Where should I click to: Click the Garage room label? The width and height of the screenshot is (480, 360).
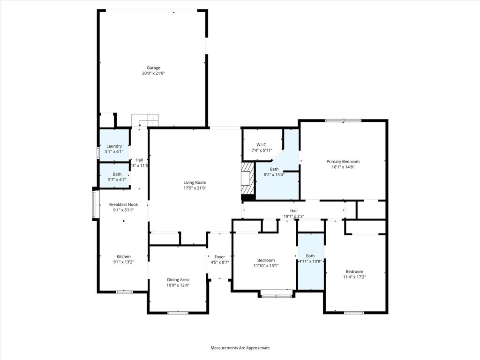(153, 68)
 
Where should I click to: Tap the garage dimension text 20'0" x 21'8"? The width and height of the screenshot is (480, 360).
(153, 73)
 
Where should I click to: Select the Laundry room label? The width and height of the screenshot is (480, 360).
(114, 146)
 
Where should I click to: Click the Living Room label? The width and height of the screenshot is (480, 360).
(195, 183)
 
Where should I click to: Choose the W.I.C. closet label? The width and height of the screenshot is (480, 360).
(262, 144)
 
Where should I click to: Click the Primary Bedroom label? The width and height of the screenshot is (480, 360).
(343, 162)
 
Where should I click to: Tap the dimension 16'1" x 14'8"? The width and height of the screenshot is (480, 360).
(343, 167)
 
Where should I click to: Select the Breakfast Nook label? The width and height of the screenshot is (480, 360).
(123, 205)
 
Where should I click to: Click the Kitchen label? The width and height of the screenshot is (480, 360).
(124, 256)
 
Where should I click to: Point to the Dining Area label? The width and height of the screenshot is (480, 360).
(178, 279)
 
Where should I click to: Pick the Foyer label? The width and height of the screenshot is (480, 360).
(220, 257)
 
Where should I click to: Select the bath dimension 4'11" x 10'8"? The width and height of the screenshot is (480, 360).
(310, 261)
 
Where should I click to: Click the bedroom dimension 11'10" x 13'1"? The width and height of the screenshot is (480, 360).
(266, 266)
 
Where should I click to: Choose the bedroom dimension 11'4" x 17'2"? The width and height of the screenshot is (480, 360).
(354, 277)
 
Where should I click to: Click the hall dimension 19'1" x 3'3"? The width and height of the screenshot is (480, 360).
(294, 216)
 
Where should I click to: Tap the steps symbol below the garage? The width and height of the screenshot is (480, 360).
(145, 120)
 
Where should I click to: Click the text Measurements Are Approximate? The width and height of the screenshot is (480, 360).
(240, 348)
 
